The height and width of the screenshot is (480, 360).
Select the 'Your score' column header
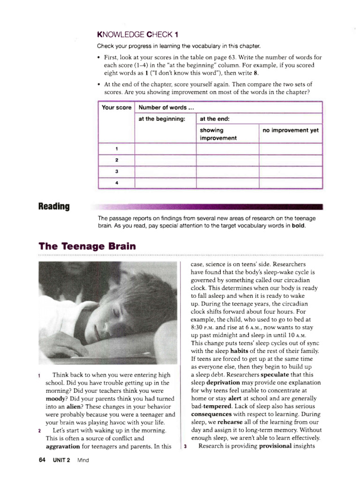(x=116, y=107)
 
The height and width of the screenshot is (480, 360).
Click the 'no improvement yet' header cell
(x=291, y=130)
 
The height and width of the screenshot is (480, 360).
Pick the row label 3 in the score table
(x=116, y=172)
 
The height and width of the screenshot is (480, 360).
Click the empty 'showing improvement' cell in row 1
(x=227, y=149)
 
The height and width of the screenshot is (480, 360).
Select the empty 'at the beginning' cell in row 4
(x=165, y=183)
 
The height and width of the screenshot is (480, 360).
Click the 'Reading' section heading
(x=54, y=207)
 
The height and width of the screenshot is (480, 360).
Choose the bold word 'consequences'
(x=211, y=414)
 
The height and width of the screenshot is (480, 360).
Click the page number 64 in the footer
(x=42, y=460)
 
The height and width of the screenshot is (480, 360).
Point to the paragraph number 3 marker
(x=186, y=446)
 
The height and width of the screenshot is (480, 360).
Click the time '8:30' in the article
(x=198, y=327)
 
